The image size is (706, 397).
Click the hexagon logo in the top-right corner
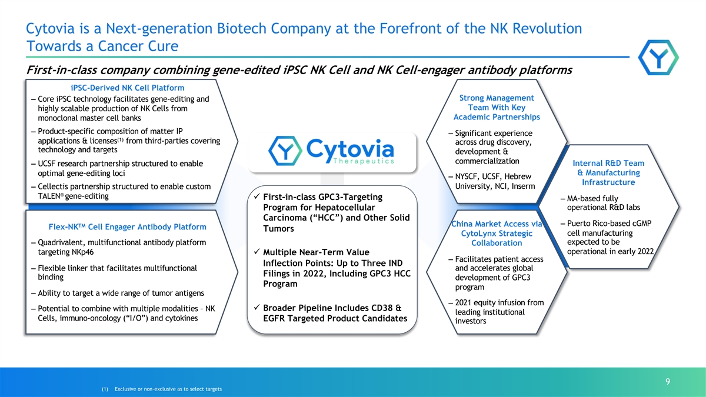click(658, 58)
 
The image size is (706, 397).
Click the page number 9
click(668, 382)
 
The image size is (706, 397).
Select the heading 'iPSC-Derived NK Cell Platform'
click(127, 88)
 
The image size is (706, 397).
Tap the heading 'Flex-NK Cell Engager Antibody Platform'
click(127, 227)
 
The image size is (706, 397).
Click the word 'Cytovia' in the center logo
click(350, 148)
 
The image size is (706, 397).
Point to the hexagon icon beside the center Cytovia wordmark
click(285, 151)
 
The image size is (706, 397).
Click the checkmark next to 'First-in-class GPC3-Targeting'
click(257, 196)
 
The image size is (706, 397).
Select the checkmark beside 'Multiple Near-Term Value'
click(257, 252)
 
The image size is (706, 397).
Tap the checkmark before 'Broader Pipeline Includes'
click(257, 307)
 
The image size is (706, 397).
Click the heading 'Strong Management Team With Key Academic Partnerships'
click(497, 108)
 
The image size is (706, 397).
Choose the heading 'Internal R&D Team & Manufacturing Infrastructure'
click(608, 173)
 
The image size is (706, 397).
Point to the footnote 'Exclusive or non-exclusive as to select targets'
click(168, 389)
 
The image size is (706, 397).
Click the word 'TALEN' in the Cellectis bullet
click(49, 196)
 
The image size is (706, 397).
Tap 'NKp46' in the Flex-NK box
click(81, 252)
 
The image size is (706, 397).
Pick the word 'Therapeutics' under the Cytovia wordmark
click(364, 161)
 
